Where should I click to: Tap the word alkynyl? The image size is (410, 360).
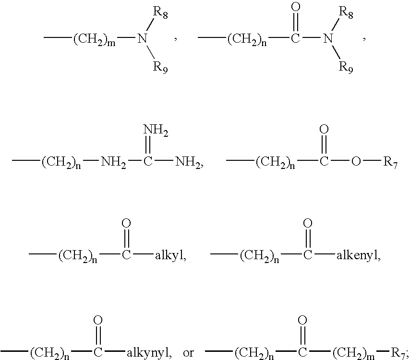pyautogui.click(x=148, y=353)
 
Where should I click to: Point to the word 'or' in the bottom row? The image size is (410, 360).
pyautogui.click(x=188, y=353)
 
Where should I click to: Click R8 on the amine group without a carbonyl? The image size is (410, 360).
pyautogui.click(x=160, y=13)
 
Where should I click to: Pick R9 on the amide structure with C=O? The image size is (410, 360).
pyautogui.click(x=346, y=68)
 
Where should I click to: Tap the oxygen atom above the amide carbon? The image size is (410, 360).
pyautogui.click(x=295, y=7)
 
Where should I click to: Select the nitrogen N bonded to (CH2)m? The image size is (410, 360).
pyautogui.click(x=142, y=38)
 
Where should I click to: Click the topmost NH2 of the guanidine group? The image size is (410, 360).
pyautogui.click(x=156, y=131)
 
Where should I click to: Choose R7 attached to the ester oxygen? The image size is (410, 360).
pyautogui.click(x=390, y=163)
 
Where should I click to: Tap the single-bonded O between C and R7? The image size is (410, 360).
pyautogui.click(x=356, y=162)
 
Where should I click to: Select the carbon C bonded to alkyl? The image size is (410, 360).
pyautogui.click(x=126, y=255)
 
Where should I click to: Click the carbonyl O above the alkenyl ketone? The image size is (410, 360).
pyautogui.click(x=308, y=224)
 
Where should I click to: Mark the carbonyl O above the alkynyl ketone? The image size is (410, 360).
pyautogui.click(x=98, y=320)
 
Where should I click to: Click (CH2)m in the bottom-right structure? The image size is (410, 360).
pyautogui.click(x=353, y=353)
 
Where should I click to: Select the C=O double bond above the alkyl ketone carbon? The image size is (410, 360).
pyautogui.click(x=126, y=239)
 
